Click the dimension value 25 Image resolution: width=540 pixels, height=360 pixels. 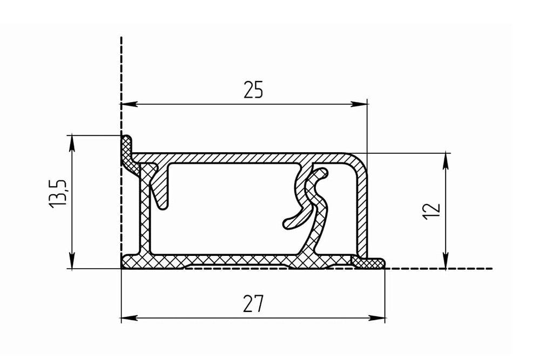[x=253, y=90]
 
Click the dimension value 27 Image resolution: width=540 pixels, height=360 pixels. [x=253, y=303]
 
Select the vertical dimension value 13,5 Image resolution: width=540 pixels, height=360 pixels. [x=58, y=193]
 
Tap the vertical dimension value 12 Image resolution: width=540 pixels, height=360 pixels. [x=431, y=211]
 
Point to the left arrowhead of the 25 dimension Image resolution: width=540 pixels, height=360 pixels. [x=130, y=104]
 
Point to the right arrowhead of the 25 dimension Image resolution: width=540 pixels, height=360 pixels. [x=359, y=104]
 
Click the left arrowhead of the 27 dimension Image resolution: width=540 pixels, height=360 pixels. [x=130, y=318]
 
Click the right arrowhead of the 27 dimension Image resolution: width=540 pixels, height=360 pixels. [x=377, y=318]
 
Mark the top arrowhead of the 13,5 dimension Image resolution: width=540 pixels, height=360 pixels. [x=72, y=144]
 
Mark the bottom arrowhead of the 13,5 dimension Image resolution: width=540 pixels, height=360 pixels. [x=72, y=260]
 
